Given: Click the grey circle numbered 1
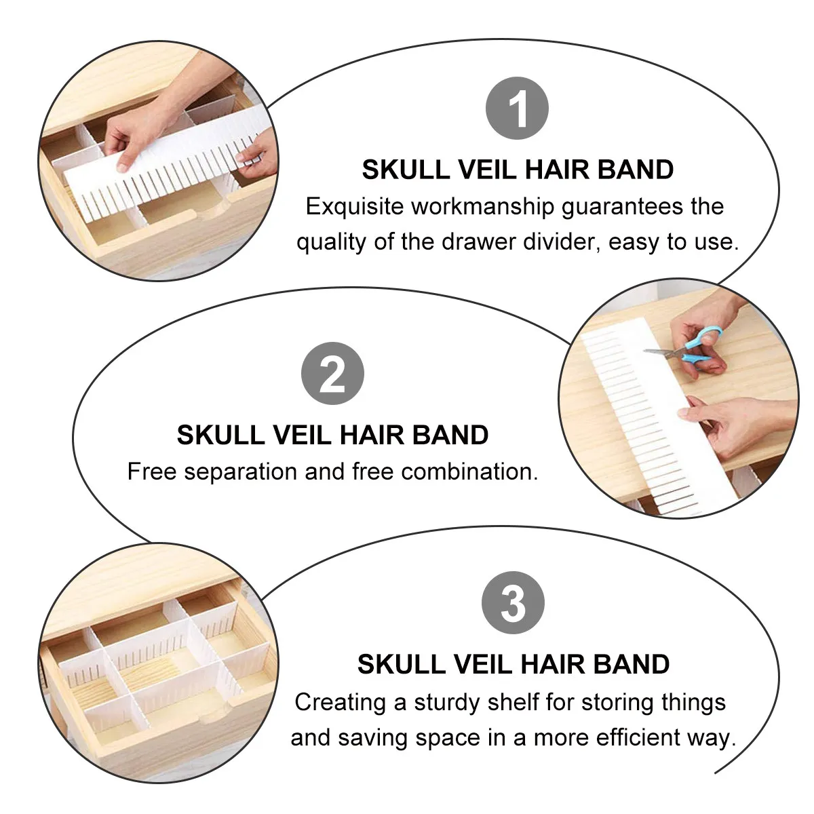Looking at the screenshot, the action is [517, 108].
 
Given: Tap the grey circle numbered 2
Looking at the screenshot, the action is [332, 373].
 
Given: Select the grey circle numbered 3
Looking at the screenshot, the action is [513, 602].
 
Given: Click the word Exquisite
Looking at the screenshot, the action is [355, 207].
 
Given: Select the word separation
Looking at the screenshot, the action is [240, 472].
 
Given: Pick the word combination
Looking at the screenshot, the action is [469, 471].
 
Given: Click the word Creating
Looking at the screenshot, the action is [340, 703].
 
